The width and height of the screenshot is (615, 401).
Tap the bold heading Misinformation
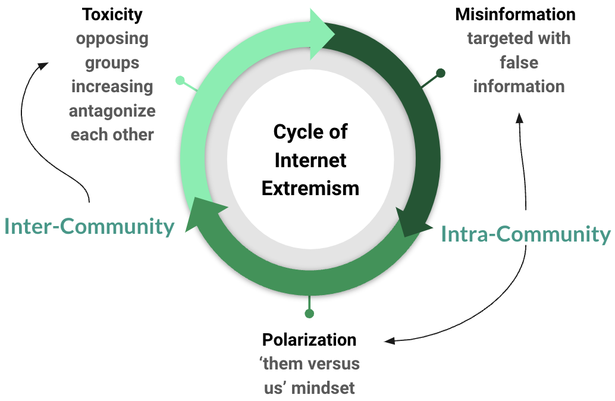pyautogui.click(x=515, y=14)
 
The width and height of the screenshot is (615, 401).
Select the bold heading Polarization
pyautogui.click(x=309, y=340)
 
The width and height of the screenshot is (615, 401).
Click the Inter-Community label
pyautogui.click(x=89, y=226)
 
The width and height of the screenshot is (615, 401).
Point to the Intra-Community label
pyautogui.click(x=526, y=234)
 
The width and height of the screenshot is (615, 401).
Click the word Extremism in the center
pyautogui.click(x=310, y=188)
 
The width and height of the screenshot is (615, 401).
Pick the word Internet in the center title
pyautogui.click(x=310, y=160)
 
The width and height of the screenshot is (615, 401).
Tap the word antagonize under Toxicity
pyautogui.click(x=112, y=111)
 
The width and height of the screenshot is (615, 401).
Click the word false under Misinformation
pyautogui.click(x=519, y=62)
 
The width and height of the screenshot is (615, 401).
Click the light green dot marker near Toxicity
pyautogui.click(x=180, y=80)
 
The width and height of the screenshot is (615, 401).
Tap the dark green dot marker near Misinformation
pyautogui.click(x=441, y=73)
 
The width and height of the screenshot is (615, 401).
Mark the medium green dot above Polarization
pyautogui.click(x=309, y=314)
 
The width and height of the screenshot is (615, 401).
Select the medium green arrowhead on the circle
pyautogui.click(x=205, y=215)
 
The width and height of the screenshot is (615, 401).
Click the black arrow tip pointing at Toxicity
pyautogui.click(x=45, y=64)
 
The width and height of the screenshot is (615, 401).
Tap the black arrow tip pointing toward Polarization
pyautogui.click(x=388, y=341)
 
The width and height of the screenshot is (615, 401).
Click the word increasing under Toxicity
pyautogui.click(x=112, y=86)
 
